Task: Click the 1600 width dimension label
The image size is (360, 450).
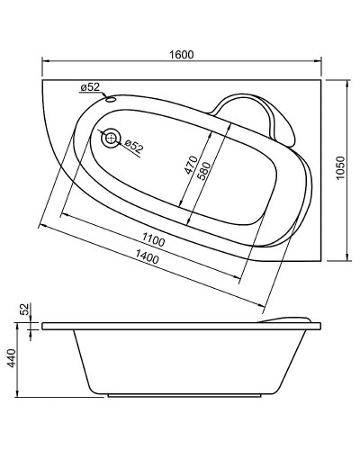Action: click(x=182, y=55)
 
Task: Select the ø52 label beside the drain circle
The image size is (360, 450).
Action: click(x=133, y=145)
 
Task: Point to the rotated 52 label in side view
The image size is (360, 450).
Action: click(x=26, y=309)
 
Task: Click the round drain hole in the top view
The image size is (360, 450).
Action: click(x=110, y=138)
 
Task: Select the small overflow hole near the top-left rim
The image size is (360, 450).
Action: click(x=110, y=99)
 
